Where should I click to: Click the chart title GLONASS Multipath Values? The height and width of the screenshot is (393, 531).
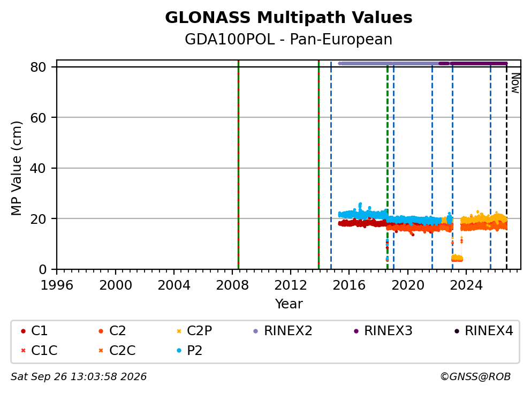289,18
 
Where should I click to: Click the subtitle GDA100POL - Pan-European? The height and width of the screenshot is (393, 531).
289,39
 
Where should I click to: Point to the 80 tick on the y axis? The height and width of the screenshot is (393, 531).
38,67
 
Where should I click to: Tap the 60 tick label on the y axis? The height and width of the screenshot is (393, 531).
38,118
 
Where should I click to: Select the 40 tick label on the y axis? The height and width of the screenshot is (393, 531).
38,168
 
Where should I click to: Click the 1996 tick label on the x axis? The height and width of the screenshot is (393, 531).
57,285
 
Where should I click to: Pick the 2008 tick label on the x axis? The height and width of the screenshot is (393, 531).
232,285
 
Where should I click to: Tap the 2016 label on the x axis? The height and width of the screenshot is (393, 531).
349,285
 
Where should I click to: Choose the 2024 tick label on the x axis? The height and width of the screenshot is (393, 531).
466,285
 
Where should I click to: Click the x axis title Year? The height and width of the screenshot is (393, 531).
289,304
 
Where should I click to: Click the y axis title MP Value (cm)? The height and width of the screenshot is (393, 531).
16,168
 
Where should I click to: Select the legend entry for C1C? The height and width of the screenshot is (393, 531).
39,350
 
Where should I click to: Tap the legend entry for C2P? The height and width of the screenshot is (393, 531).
194,331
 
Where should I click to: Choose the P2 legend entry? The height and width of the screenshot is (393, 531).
189,350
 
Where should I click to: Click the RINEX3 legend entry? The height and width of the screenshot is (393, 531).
383,331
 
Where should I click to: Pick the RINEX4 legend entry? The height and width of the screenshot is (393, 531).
483,331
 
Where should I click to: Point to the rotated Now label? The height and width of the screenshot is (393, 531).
515,83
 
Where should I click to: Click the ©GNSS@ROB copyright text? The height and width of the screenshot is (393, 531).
475,377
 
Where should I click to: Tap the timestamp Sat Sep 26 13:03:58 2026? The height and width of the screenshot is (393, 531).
79,377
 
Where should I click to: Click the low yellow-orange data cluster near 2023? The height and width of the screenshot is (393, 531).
457,259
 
